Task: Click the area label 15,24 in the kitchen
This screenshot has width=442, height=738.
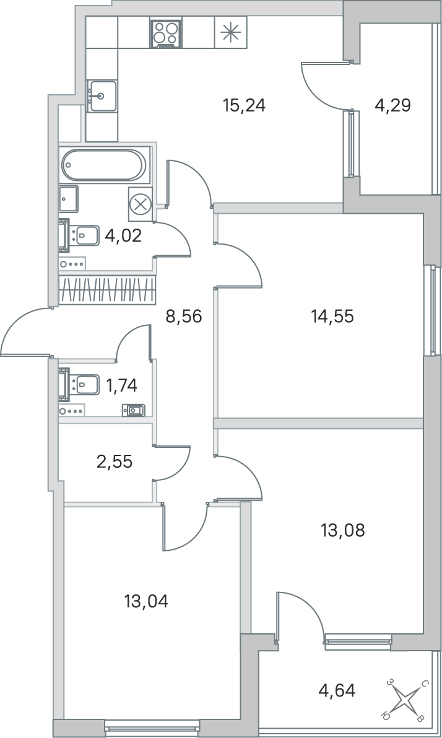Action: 244,105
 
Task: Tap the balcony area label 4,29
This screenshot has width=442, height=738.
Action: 392,105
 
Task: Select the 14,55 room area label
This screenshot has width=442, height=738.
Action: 332,317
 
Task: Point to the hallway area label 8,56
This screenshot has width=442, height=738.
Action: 184,317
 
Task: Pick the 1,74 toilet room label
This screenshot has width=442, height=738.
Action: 121,385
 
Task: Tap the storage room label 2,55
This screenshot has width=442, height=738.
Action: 115,462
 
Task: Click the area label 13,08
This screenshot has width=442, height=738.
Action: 342,530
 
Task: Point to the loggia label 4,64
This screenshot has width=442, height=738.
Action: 337,690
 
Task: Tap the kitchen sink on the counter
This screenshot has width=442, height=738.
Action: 101,96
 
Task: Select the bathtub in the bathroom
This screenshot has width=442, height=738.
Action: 104,165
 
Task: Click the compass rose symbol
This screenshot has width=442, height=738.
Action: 405,700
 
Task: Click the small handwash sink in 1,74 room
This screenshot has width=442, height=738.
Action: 134,410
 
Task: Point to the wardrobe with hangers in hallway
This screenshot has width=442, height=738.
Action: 106,290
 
